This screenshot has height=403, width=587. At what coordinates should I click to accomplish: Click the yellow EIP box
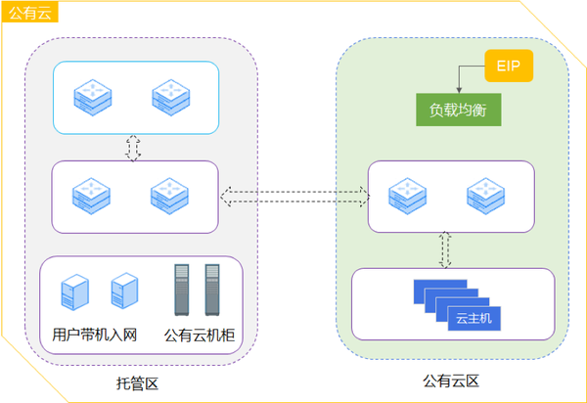(509, 66)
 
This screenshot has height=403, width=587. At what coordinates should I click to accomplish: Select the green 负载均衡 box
(459, 110)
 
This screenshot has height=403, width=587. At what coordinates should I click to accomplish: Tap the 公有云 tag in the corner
(30, 12)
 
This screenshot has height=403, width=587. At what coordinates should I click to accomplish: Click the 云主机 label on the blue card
(474, 319)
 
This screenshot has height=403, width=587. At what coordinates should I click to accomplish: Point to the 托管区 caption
(137, 383)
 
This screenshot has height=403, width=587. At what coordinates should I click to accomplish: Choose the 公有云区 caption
(451, 381)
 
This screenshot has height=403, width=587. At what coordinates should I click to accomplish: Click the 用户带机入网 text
(94, 335)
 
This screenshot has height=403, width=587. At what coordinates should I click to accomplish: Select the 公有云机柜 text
(200, 336)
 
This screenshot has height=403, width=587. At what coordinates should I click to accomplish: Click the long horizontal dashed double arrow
(295, 197)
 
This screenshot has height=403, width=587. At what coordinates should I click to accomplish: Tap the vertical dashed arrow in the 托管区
(133, 148)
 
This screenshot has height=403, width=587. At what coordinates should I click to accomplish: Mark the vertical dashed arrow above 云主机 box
(445, 250)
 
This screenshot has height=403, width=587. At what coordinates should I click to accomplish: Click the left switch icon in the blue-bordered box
(93, 97)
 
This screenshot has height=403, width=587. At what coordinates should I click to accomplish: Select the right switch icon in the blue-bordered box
(171, 97)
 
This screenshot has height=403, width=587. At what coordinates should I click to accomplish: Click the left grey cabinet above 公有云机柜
(182, 290)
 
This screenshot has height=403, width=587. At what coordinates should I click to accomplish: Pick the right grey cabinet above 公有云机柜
(212, 290)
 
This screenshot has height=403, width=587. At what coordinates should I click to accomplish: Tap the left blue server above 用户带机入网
(75, 291)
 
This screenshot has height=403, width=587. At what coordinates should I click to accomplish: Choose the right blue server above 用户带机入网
(124, 291)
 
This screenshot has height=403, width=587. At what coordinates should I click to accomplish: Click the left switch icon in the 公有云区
(408, 196)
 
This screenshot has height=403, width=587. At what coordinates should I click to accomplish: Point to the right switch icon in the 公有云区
(486, 196)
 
